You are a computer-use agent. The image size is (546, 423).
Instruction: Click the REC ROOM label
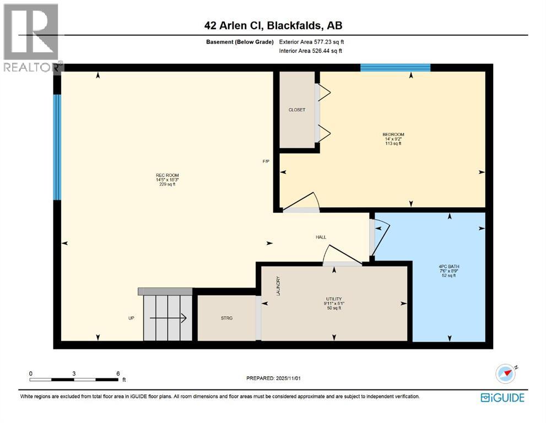click(167, 176)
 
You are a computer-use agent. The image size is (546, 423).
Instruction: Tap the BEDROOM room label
click(393, 135)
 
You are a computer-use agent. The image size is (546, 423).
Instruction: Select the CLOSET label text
click(296, 110)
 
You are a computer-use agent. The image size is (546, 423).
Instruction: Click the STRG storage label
click(226, 318)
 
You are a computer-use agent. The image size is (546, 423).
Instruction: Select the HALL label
click(321, 237)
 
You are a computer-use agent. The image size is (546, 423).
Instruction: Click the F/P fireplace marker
click(266, 161)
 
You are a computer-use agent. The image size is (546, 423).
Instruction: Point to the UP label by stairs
click(131, 318)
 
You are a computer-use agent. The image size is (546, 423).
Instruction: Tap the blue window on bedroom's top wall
click(395, 68)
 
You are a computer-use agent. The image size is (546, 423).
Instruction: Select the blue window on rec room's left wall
click(57, 147)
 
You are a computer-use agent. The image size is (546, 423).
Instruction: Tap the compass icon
click(506, 374)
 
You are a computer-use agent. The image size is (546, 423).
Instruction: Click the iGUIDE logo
click(502, 397)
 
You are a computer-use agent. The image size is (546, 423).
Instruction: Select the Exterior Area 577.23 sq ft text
click(315, 41)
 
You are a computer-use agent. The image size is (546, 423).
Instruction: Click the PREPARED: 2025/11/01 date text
click(274, 378)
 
